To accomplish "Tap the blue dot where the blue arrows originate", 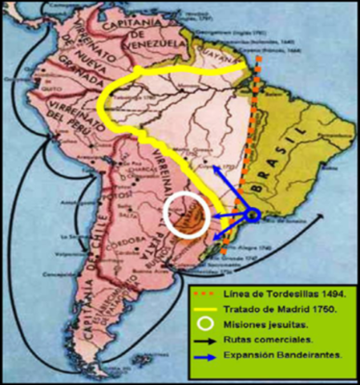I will pyautogui.click(x=252, y=215).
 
